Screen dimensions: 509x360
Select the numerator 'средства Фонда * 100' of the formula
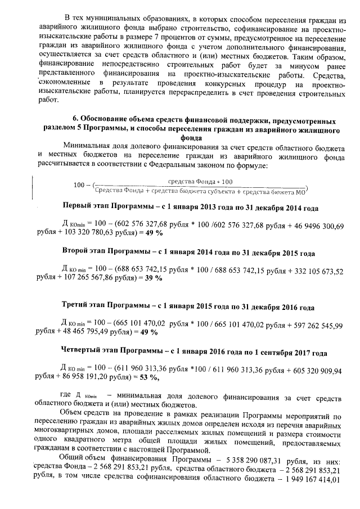coord(200,182)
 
